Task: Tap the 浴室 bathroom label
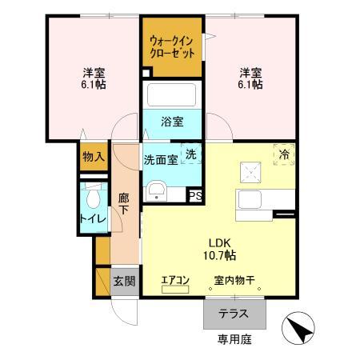pyautogui.click(x=172, y=122)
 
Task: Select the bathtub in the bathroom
pyautogui.click(x=173, y=96)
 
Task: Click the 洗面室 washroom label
pyautogui.click(x=161, y=159)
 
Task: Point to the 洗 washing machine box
pyautogui.click(x=192, y=153)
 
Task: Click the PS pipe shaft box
pyautogui.click(x=195, y=194)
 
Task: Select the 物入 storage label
pyautogui.click(x=93, y=156)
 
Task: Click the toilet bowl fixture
pyautogui.click(x=94, y=197)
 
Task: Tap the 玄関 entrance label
pyautogui.click(x=123, y=281)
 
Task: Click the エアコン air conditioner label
pyautogui.click(x=175, y=279)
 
